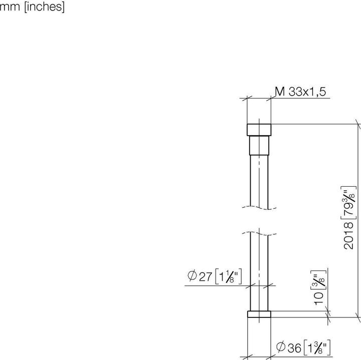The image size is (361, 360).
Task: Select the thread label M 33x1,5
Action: coord(301,91)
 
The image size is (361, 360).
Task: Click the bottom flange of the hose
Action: coord(259,314)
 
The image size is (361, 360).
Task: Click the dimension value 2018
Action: coord(349,236)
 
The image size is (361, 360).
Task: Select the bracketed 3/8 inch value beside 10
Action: coord(317,279)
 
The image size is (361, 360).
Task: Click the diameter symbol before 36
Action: coord(282,346)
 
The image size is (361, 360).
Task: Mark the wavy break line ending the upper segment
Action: coord(259,207)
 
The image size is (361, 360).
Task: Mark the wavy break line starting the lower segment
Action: coord(259,233)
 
